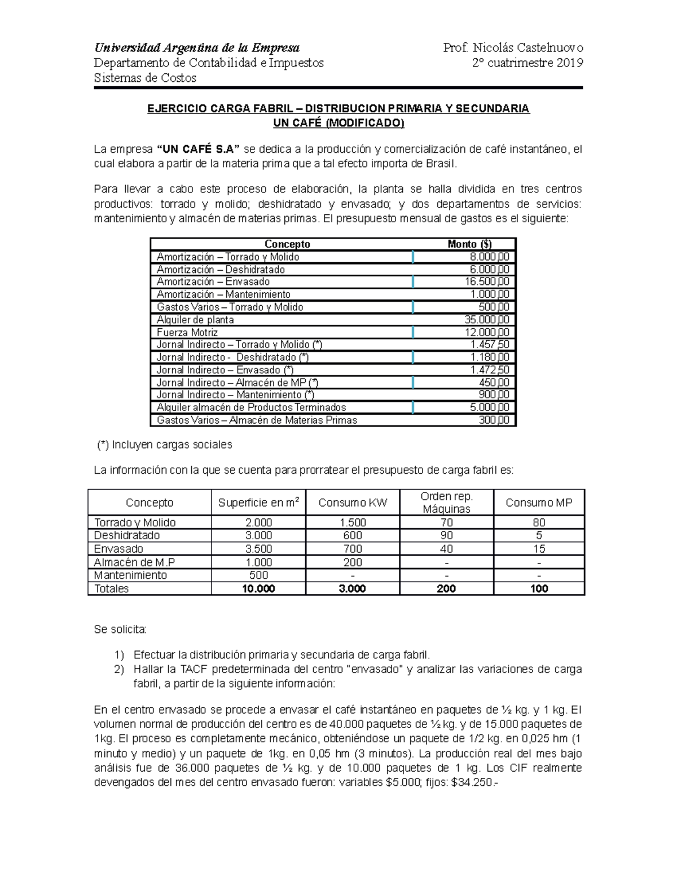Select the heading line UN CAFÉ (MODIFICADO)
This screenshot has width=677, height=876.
(338, 123)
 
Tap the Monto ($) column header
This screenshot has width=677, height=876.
(469, 244)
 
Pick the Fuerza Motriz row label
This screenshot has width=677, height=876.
(187, 332)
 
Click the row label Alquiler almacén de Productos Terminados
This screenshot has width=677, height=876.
(251, 407)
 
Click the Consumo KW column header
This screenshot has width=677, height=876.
(353, 503)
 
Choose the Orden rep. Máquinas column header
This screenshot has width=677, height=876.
(446, 503)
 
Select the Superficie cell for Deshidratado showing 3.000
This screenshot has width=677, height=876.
(258, 535)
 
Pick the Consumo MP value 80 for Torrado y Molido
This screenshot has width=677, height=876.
(539, 522)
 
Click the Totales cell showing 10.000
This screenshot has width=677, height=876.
(258, 588)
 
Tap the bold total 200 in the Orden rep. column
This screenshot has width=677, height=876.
(446, 588)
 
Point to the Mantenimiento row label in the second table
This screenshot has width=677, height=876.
(130, 575)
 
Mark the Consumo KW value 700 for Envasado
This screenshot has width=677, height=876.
(353, 549)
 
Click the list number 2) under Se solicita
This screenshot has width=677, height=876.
(118, 670)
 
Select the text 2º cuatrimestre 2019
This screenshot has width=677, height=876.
(527, 63)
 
